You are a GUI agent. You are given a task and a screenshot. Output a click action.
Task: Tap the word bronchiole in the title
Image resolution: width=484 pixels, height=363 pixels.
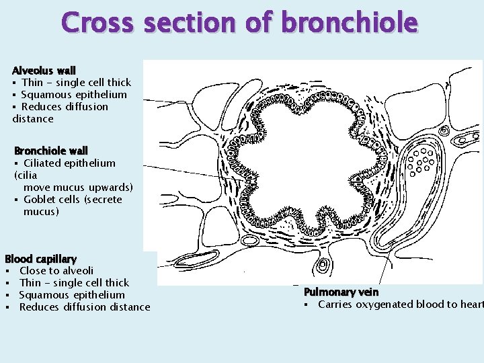point(350,23)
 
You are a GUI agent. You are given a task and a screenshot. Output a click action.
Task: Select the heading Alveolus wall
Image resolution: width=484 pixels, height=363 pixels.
point(44,70)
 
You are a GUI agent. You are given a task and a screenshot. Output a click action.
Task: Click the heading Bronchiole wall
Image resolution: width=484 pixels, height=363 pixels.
point(51,151)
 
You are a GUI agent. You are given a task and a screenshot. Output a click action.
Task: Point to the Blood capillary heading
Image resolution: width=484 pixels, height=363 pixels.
point(40,259)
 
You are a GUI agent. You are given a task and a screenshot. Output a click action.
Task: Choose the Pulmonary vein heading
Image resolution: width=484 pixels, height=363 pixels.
point(341,292)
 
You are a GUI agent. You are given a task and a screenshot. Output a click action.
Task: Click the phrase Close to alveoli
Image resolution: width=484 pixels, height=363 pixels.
point(56,271)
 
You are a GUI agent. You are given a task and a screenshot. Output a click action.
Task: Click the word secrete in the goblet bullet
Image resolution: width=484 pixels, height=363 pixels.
point(104,199)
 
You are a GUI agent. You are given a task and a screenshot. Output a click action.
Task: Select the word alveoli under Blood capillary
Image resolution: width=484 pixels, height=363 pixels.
point(77,271)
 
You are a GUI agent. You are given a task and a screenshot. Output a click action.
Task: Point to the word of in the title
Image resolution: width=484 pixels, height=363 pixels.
point(259,23)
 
